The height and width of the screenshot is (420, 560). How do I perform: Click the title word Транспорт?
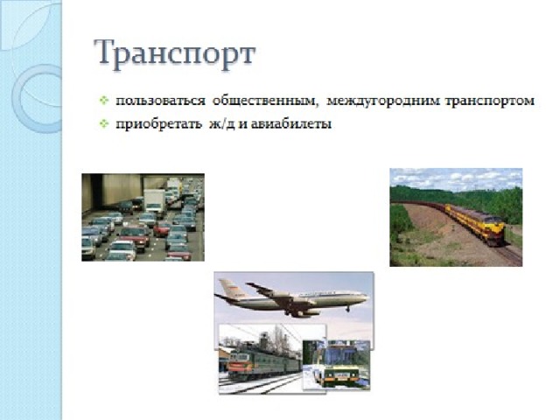(x=175, y=54)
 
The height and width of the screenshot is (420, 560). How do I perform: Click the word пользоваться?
(x=160, y=101)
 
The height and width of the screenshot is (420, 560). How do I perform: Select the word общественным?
(x=265, y=101)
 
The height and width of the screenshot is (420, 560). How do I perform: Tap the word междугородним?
(x=383, y=101)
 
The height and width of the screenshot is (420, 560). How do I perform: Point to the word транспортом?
(x=490, y=101)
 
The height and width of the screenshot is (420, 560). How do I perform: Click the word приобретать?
(x=158, y=124)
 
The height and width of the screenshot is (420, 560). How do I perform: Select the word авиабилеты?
(x=291, y=124)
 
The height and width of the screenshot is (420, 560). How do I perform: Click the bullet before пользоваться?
(x=104, y=101)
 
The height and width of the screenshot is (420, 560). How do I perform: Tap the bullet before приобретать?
(x=104, y=123)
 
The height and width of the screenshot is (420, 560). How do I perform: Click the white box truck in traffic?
(x=155, y=202)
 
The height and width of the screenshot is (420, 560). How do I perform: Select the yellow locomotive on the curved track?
(x=479, y=224)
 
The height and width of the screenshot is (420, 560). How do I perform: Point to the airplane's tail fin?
(x=228, y=289)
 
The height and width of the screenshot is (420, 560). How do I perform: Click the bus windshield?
(x=340, y=356)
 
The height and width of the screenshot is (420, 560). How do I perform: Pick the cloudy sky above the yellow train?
(x=456, y=179)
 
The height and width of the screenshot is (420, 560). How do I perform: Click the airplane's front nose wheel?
(x=347, y=310)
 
